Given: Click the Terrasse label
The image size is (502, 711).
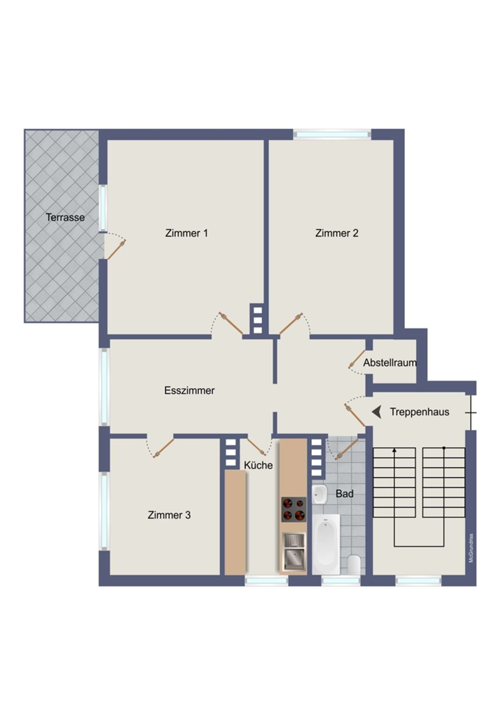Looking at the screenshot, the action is click(x=65, y=217).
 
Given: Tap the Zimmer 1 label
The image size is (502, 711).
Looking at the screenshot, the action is click(x=187, y=233).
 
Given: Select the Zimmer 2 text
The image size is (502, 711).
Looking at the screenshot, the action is click(x=337, y=233).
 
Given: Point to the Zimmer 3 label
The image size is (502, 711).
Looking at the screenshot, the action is click(x=169, y=515).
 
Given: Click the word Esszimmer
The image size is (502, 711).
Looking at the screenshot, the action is click(x=190, y=391).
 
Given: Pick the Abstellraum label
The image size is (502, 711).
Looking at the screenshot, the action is click(x=390, y=363).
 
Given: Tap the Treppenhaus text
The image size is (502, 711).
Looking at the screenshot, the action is click(x=419, y=412).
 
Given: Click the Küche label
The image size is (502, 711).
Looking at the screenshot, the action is click(x=258, y=465).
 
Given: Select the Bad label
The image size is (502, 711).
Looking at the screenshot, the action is click(x=345, y=494).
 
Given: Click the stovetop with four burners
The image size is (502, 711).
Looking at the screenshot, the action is click(x=294, y=510).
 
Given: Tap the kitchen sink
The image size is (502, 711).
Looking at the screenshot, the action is click(x=294, y=552).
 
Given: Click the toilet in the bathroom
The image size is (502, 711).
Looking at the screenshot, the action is click(x=354, y=564).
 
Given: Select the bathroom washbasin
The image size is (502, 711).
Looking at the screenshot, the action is click(x=319, y=494).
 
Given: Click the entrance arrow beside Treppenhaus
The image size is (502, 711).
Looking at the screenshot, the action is click(x=377, y=412).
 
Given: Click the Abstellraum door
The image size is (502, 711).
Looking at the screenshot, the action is click(x=357, y=359).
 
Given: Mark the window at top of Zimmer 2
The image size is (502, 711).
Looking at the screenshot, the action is click(x=332, y=134).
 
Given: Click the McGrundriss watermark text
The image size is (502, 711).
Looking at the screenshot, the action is click(x=471, y=548).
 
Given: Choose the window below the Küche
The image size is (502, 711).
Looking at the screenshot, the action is click(x=267, y=581).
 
